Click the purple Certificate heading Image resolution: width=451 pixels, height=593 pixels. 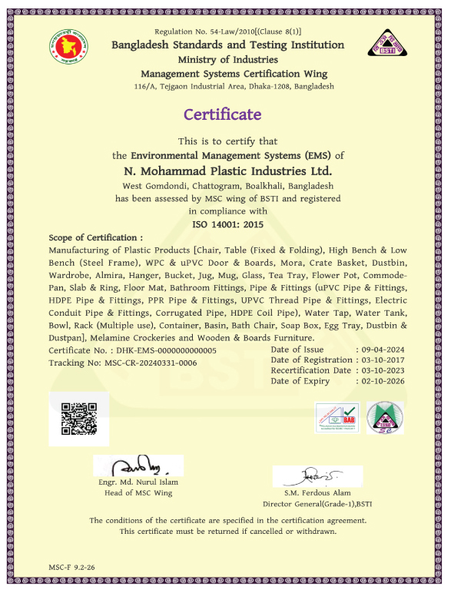pos(222,114)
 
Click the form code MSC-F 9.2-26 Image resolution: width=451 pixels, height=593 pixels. pos(72,567)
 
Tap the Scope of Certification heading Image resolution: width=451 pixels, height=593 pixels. pos(96,238)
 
